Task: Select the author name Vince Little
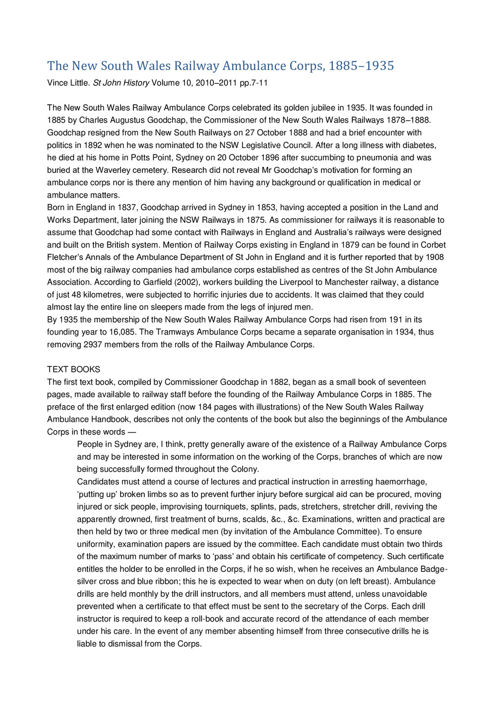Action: coord(68,83)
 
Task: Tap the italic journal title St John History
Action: coord(121,83)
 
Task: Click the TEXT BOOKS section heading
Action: coord(73,369)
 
